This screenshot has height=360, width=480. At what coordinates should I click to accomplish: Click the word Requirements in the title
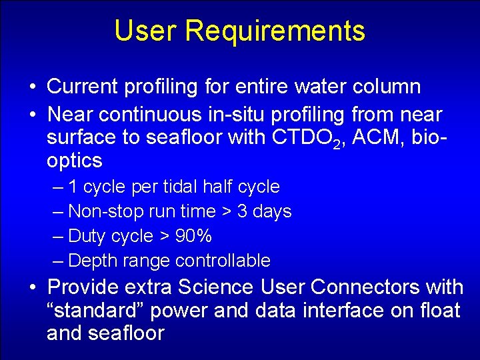(x=275, y=31)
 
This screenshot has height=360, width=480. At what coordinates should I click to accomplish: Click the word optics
(x=74, y=161)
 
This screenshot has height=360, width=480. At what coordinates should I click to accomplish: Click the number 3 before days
(x=243, y=211)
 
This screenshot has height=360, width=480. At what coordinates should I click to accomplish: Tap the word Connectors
(x=364, y=287)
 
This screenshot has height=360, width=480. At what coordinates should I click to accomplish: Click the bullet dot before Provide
(x=32, y=288)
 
